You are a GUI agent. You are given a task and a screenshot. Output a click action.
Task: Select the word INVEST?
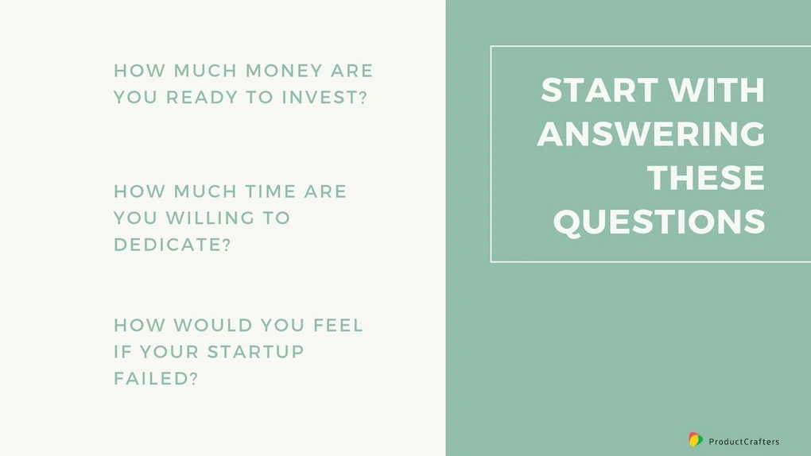pyautogui.click(x=324, y=97)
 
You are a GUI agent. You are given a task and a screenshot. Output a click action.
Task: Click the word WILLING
pyautogui.click(x=210, y=218)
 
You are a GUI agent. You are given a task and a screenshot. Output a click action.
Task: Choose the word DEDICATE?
pyautogui.click(x=173, y=245)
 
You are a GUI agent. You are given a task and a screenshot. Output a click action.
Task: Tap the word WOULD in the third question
pyautogui.click(x=213, y=326)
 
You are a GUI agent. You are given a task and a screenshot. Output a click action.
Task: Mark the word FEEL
pyautogui.click(x=338, y=326)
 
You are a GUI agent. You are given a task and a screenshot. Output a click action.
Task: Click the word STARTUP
pyautogui.click(x=255, y=352)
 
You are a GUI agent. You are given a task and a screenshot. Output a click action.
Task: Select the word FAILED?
pyautogui.click(x=156, y=379)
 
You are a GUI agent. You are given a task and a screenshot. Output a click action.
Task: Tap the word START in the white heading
pyautogui.click(x=600, y=90)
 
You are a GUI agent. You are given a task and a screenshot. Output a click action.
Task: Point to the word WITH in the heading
pyautogui.click(x=716, y=90)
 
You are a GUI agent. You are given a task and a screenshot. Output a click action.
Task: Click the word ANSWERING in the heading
pyautogui.click(x=651, y=134)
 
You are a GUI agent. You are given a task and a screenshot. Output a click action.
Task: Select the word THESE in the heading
pyautogui.click(x=706, y=178)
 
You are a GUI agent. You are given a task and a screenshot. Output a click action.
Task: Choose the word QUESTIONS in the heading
pyautogui.click(x=659, y=222)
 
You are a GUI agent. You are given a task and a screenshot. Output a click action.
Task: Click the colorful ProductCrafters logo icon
pyautogui.click(x=696, y=439)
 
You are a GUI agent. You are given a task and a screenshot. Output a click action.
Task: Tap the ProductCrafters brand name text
pyautogui.click(x=743, y=442)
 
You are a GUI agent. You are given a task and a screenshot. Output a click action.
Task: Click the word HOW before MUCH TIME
pyautogui.click(x=138, y=191)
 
